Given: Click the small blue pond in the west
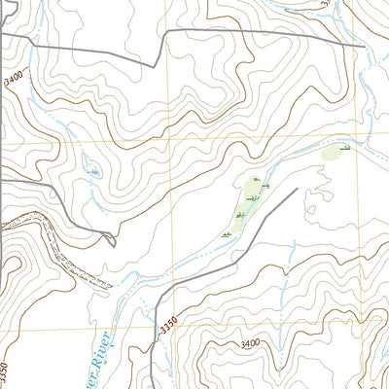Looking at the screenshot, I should pos(93,172).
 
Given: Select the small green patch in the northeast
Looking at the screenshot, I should pos(332,153).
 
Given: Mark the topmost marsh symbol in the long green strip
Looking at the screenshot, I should pos(256,182).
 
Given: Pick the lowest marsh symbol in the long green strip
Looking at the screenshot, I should pos(227,234).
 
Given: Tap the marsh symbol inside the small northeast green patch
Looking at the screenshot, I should pos(343,148).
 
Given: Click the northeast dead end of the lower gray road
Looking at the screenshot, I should pos(296,189).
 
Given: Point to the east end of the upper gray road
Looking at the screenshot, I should pos(364,46).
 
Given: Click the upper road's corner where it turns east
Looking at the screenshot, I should pos(166,32).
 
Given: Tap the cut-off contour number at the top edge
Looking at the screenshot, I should pos(326,4).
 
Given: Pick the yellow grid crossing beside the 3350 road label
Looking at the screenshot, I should pos(175,324).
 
